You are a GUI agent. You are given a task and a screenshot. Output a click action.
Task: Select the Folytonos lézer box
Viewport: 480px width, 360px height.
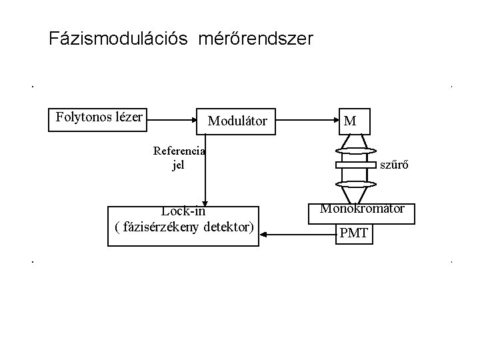[x=99, y=119]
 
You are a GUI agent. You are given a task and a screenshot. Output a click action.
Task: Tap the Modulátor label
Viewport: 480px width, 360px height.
[x=237, y=121]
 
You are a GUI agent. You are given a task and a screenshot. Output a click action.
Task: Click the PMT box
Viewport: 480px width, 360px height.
[x=353, y=234]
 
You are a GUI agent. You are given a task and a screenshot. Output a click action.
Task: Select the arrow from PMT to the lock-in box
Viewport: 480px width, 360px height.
[x=297, y=235]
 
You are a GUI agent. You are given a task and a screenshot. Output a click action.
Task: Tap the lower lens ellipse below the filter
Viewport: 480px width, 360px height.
[x=357, y=183]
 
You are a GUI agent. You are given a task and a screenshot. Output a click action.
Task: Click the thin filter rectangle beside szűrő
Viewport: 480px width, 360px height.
[x=357, y=165]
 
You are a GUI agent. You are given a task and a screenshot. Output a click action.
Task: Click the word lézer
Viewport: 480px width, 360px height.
[x=129, y=118]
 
